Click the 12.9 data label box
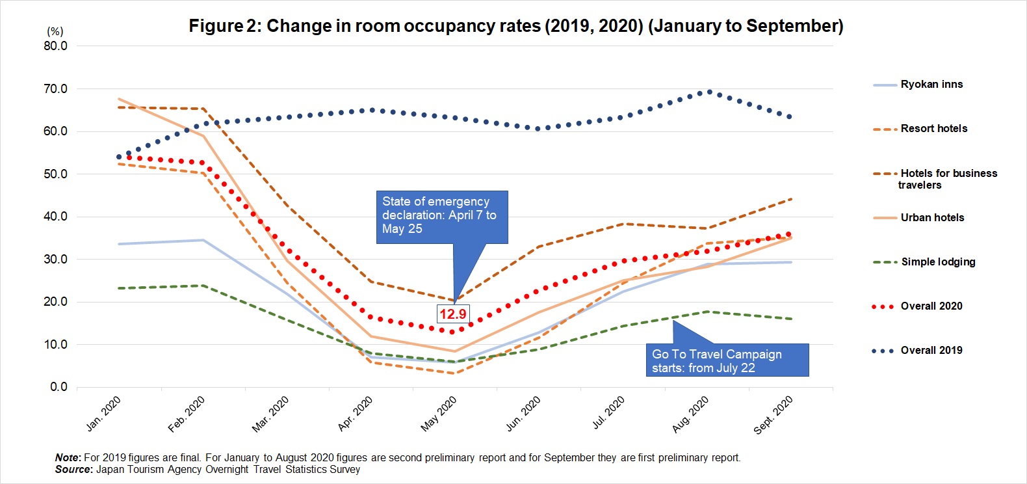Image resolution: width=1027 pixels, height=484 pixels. coord(452,314)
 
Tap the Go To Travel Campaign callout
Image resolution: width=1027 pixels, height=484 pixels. coord(727,360)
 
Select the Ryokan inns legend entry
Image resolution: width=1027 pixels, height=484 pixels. coord(931,85)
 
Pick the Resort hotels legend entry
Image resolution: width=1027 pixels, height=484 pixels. coord(933,129)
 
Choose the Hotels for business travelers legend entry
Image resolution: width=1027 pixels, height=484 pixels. coord(948,179)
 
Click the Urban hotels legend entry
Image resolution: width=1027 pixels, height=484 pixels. coord(932,218)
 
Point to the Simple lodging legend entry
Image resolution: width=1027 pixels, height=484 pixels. coord(937,262)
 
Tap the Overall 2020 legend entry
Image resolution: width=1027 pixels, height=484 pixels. coord(931,306)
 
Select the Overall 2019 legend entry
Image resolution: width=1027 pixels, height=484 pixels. coord(931,351)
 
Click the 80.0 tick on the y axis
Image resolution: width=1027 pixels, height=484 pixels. coord(55,46)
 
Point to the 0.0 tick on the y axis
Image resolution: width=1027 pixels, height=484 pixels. coord(58,387)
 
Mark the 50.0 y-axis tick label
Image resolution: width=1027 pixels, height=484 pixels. coord(55,174)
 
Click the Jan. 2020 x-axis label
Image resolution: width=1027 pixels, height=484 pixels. coord(103,414)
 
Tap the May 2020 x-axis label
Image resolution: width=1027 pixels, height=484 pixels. coord(439,414)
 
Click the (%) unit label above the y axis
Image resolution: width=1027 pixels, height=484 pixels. coord(55,31)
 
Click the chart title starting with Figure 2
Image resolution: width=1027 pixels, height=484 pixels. coord(516,26)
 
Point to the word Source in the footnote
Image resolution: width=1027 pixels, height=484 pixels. coord(73,470)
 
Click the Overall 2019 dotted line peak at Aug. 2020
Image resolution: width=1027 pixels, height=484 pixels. coord(709,92)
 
